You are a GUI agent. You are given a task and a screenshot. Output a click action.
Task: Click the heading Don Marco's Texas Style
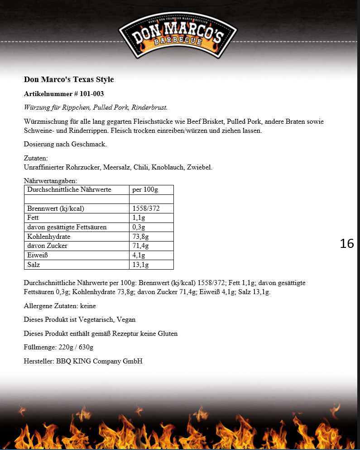(69, 80)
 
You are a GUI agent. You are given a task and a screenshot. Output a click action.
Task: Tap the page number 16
(347, 243)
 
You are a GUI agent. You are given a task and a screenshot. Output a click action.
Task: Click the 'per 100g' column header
(145, 189)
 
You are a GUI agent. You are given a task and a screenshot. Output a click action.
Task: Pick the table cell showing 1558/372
(146, 208)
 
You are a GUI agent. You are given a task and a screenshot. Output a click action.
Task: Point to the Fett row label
(33, 218)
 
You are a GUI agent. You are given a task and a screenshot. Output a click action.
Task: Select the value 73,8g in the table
(140, 237)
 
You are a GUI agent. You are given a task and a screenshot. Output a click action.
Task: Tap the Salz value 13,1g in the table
(140, 265)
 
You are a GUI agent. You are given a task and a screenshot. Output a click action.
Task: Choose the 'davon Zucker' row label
(47, 246)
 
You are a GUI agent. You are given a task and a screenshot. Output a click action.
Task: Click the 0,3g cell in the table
(139, 227)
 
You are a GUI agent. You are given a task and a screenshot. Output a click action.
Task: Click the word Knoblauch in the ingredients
(168, 167)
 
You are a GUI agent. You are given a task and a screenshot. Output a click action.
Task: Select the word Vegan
(126, 319)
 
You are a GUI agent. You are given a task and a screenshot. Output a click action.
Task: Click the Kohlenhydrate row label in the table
(48, 237)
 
